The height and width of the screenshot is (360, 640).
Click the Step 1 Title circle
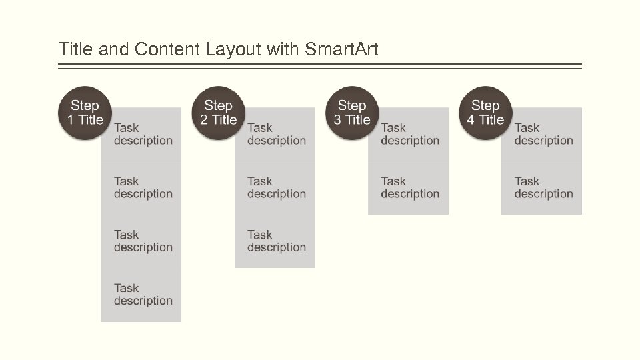pyautogui.click(x=85, y=113)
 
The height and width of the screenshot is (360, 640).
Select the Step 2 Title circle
pyautogui.click(x=219, y=113)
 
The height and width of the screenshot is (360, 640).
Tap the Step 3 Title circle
pyautogui.click(x=352, y=113)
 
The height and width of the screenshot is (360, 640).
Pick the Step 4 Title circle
pyautogui.click(x=485, y=113)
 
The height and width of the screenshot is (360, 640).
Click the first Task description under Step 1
pyautogui.click(x=143, y=134)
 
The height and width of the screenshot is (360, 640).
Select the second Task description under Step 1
pyautogui.click(x=143, y=187)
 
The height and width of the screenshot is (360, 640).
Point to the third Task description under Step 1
pyautogui.click(x=143, y=241)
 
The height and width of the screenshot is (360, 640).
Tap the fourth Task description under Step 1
pyautogui.click(x=143, y=294)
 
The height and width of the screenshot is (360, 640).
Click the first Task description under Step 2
pyautogui.click(x=276, y=134)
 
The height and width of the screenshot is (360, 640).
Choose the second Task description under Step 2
pyautogui.click(x=276, y=187)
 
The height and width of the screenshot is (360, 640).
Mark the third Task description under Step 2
pyautogui.click(x=276, y=241)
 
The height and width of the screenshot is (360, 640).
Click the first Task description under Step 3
pyautogui.click(x=409, y=134)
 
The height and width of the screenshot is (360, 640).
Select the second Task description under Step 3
pyautogui.click(x=409, y=187)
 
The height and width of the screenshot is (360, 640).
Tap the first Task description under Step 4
pyautogui.click(x=543, y=134)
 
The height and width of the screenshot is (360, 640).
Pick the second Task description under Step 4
pyautogui.click(x=543, y=187)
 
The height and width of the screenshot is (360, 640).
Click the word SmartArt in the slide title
pyautogui.click(x=341, y=49)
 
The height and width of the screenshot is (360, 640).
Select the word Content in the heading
pyautogui.click(x=167, y=49)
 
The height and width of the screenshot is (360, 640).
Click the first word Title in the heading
pyautogui.click(x=75, y=49)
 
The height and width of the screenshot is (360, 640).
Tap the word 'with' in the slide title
pyautogui.click(x=283, y=49)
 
